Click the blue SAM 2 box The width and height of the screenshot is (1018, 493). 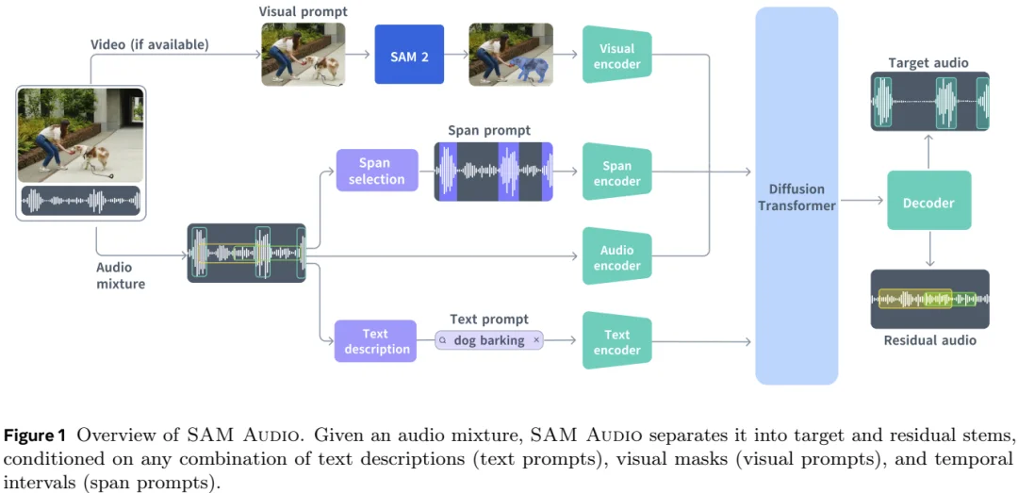click(409, 57)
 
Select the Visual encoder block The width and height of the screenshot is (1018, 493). click(616, 57)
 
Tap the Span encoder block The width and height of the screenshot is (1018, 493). click(616, 173)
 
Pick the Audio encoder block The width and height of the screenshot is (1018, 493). click(616, 257)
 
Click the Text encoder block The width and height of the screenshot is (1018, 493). click(616, 342)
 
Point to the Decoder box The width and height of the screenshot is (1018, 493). click(928, 203)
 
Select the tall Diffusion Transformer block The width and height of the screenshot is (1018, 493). click(796, 196)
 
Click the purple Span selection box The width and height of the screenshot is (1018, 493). click(376, 172)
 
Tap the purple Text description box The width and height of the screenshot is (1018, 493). click(374, 341)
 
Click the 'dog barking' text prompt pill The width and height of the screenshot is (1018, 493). click(489, 340)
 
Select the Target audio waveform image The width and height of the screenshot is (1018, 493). click(928, 103)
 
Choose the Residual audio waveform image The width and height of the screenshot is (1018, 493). click(928, 300)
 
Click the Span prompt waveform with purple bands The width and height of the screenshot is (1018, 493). click(493, 172)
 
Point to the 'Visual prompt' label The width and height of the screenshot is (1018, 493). click(302, 11)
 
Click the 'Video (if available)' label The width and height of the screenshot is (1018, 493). click(150, 44)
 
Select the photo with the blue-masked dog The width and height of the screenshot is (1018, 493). click(510, 57)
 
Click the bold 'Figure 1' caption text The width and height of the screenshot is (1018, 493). click(35, 435)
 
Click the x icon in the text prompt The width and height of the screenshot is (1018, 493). click(536, 340)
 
